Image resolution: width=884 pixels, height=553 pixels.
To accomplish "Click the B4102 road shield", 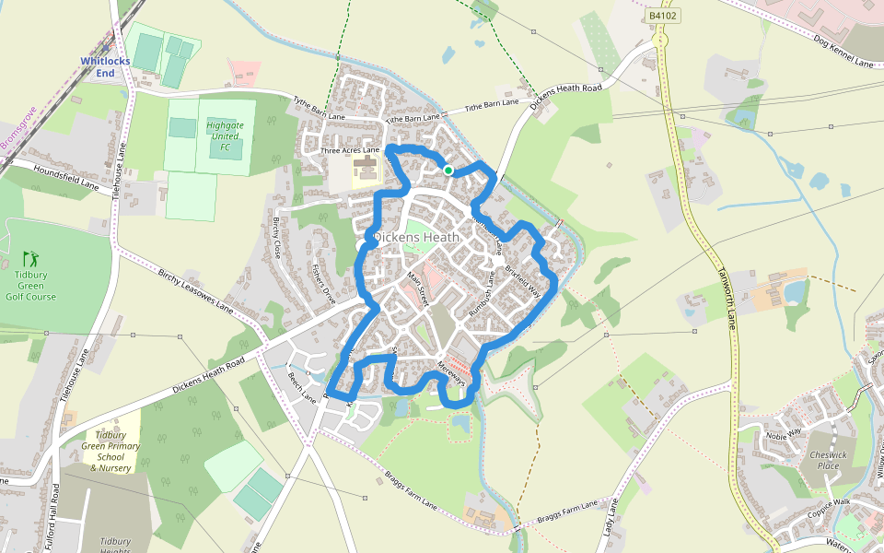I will coord(662,16).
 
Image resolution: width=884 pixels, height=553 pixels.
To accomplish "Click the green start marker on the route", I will coord(448,170).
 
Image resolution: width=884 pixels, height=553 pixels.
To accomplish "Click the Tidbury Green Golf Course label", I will coord(35,285).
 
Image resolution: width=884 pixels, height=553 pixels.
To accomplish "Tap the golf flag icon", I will coord(30,258).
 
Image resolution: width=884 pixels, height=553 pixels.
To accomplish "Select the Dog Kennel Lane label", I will coord(843,52).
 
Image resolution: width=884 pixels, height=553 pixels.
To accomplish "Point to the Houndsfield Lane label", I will coord(64,179).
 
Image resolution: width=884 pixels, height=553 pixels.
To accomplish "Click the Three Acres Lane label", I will coord(350,149).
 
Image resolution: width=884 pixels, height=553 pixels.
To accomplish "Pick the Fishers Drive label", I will coord(324,285).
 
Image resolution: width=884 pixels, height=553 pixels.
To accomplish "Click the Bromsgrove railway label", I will coord(17,128).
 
